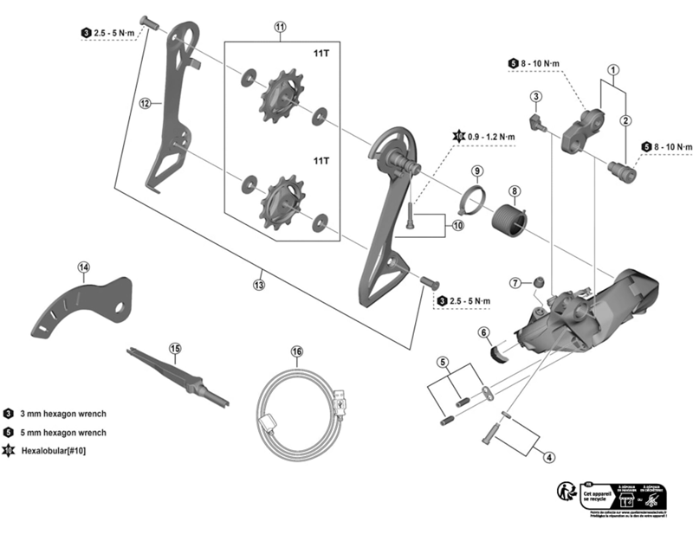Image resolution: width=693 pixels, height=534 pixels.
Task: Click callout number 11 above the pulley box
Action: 280,27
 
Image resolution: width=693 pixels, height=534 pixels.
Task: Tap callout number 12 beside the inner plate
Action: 146,103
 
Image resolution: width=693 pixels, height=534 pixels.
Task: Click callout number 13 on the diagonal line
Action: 258,284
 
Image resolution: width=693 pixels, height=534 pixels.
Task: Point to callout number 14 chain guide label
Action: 83,267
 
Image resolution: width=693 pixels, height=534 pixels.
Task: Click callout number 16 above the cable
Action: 297,352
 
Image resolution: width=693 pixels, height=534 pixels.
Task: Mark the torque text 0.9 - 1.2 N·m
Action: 491,137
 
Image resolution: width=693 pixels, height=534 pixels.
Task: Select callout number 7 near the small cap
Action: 515,283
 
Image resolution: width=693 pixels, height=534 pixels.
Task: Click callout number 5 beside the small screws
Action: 442,362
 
